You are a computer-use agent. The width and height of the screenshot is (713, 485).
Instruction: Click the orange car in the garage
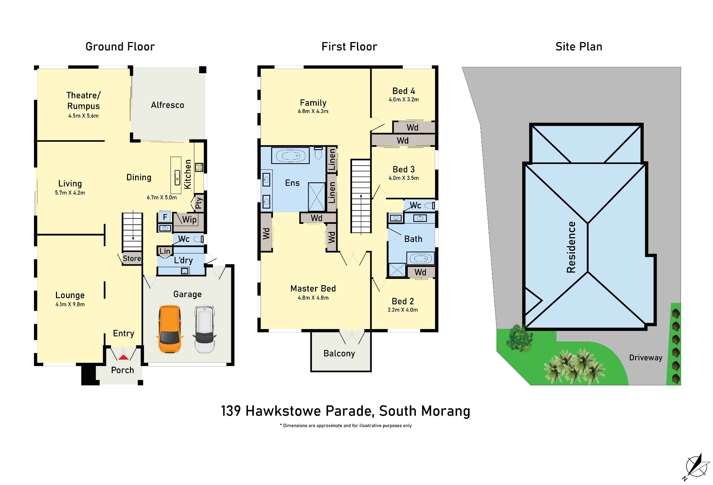coord(169,329)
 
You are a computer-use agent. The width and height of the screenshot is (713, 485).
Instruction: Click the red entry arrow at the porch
coord(123,357)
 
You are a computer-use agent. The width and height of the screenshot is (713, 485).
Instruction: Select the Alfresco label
coord(167,105)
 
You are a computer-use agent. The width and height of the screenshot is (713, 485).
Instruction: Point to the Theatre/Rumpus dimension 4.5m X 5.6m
coord(84,116)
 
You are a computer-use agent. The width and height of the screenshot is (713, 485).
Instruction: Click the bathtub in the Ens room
coord(290,156)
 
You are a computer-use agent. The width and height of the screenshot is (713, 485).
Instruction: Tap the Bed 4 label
coord(404,91)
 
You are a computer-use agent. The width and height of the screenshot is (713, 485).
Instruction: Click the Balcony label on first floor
coord(339,353)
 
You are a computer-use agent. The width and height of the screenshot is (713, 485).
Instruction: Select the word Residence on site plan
coord(571,247)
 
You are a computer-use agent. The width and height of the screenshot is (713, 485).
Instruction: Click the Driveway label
coord(646,358)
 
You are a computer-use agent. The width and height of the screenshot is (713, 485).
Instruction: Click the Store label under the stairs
coord(132,259)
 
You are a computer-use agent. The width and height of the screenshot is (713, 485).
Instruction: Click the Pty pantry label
coord(199,203)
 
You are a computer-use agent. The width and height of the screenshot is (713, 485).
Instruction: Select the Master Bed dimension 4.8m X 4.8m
coord(313,298)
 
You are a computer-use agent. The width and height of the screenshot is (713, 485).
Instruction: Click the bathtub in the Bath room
coord(420,259)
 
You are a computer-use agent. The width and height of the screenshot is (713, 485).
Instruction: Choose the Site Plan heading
coord(579,46)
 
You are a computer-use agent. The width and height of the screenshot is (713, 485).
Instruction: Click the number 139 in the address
coord(231,411)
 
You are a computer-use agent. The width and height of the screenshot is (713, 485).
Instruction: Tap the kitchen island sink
coord(177,177)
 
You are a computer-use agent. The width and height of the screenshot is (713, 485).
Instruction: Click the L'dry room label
coord(183,260)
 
